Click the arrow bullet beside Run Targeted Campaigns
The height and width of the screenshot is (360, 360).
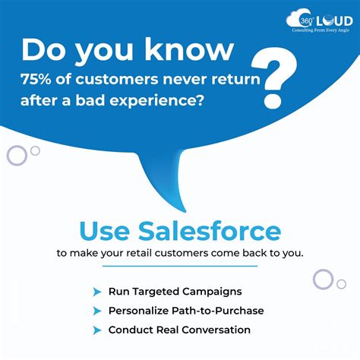96,292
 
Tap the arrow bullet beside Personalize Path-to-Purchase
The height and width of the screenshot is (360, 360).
96,311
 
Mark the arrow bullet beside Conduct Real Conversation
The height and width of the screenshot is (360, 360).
96,330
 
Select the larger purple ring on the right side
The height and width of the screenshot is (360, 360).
323,279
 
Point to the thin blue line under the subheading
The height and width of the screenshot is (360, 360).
180,266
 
